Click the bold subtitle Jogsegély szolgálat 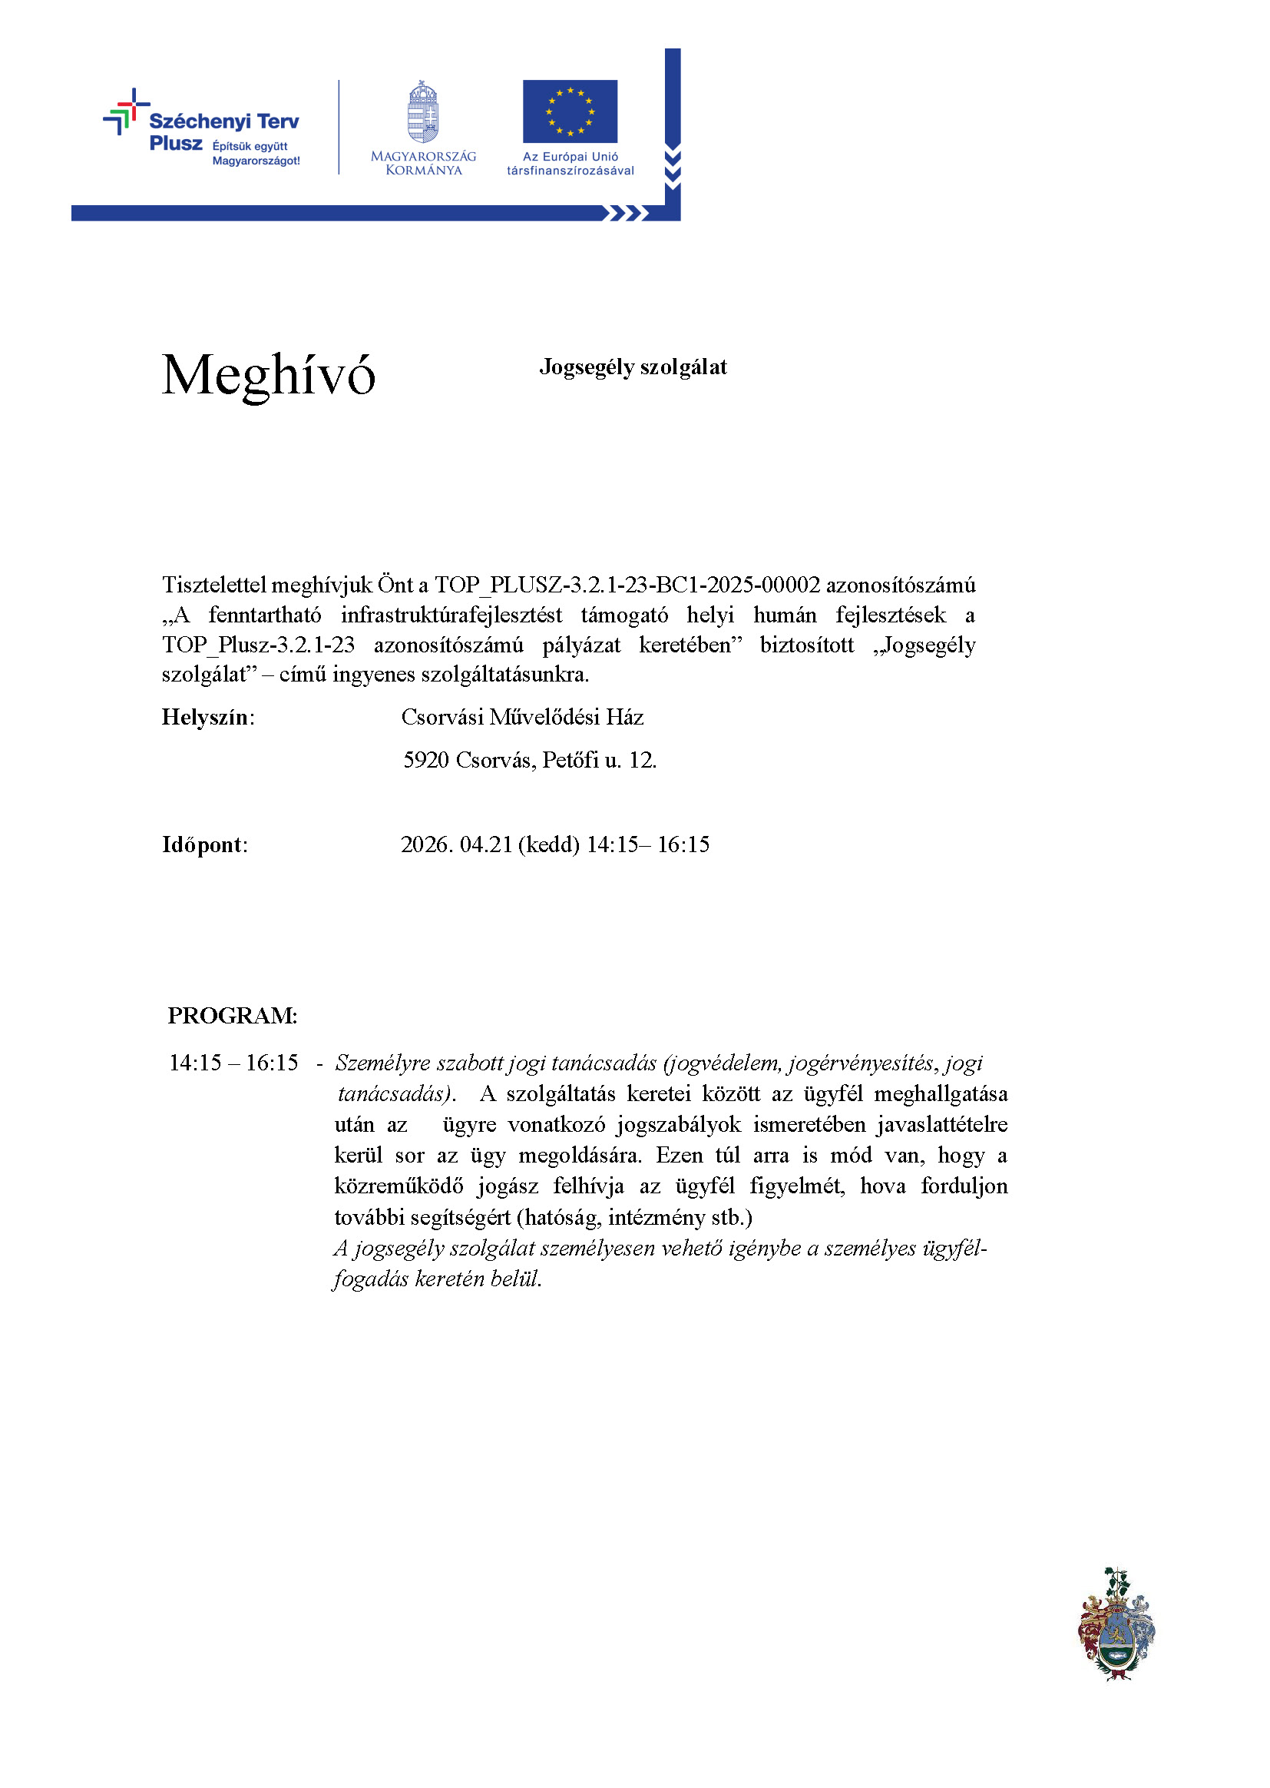pos(633,367)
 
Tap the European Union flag pos(570,111)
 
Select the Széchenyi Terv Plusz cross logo pos(126,111)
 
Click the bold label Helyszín pos(207,717)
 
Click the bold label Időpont pos(203,844)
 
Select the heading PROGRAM pos(231,1015)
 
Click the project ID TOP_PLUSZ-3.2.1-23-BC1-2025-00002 pos(627,585)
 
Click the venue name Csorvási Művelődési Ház pos(521,717)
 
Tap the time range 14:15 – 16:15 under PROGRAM pos(233,1062)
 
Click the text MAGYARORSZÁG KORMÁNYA pos(423,163)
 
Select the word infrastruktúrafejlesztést pos(451,615)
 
